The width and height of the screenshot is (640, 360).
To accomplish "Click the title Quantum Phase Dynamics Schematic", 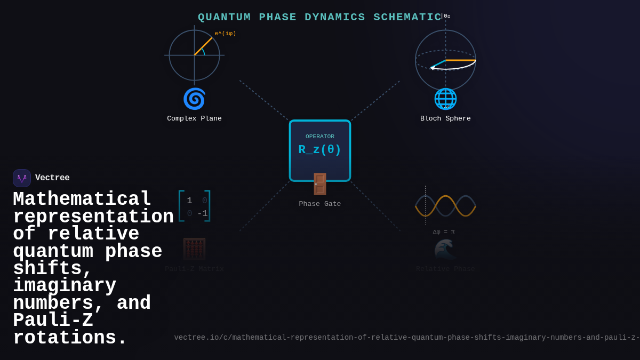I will point(319,17).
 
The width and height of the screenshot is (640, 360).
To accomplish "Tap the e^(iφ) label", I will point(225,34).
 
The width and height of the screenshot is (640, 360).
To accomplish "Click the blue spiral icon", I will point(194,99).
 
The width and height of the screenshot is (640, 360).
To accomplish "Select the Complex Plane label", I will point(194,118).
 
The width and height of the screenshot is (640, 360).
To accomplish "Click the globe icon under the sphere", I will point(445,99).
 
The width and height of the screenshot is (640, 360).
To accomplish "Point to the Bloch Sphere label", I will point(445,118).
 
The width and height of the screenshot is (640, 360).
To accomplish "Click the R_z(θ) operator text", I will point(319,150).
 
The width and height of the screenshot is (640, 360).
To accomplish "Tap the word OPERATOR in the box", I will point(319,137).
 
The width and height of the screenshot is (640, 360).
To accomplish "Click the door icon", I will point(319,184).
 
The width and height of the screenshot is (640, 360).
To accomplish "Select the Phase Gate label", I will point(319,204).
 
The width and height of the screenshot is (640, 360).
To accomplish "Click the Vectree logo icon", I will point(22,178).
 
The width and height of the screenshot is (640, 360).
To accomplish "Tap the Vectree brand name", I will point(52,178).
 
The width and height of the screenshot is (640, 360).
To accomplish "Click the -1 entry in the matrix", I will point(203,213).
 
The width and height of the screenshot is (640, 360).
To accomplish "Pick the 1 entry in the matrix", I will point(189,201).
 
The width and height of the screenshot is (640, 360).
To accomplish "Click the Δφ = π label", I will point(444,232).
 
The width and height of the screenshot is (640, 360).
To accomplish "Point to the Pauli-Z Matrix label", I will point(194,269).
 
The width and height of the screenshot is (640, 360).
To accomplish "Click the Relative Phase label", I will point(445,269).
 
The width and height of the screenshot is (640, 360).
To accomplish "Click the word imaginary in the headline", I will point(65,286).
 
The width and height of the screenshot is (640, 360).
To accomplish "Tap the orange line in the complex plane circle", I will point(203,46).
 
